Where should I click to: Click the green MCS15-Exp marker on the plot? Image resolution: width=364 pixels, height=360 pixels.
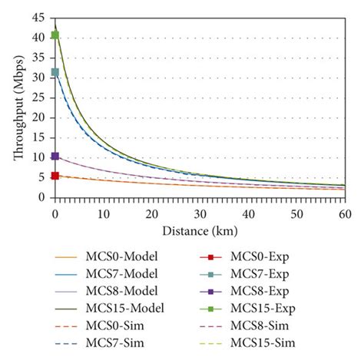tap(55, 35)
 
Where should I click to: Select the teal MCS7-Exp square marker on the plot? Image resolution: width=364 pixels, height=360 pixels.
tap(55, 72)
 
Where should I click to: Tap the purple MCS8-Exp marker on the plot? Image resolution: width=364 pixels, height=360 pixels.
tap(55, 156)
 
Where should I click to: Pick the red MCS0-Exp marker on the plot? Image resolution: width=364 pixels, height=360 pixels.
tap(55, 176)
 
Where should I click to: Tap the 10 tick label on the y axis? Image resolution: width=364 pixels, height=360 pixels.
tap(39, 161)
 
